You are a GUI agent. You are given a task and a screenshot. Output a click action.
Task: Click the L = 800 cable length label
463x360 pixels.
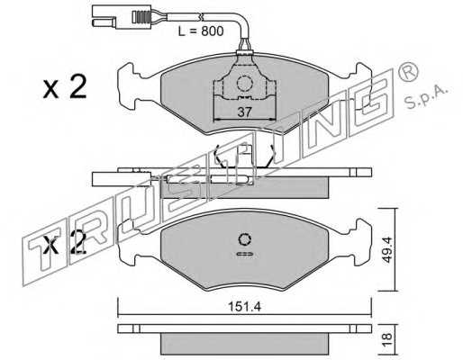point(201,31)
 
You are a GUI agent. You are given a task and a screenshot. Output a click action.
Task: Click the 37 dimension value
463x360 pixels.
point(244,112)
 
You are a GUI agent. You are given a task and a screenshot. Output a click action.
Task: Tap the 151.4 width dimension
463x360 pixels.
point(245,306)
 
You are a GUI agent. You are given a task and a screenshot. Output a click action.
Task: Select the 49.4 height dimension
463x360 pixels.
point(387,249)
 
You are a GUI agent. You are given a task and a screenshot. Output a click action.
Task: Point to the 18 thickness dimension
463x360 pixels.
point(387,339)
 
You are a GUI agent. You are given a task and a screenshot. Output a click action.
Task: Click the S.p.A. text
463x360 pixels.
point(426,96)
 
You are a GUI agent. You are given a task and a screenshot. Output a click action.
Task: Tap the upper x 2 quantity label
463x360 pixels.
point(65,87)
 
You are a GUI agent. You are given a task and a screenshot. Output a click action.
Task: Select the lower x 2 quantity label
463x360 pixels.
point(65,243)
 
